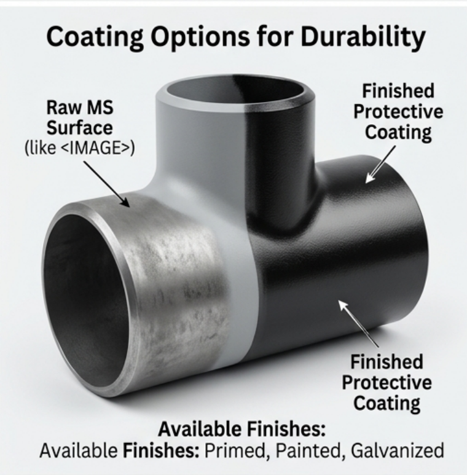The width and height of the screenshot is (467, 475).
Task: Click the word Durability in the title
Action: tap(363, 37)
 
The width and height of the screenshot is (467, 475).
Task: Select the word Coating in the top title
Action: tap(95, 37)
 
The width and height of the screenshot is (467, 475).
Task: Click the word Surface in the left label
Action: tap(80, 128)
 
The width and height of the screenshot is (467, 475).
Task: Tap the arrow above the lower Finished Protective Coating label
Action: tap(358, 324)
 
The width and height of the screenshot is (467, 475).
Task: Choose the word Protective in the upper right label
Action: tap(398, 112)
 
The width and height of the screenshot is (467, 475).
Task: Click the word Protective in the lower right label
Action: tap(387, 383)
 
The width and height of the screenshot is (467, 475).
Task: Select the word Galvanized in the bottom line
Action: tap(398, 451)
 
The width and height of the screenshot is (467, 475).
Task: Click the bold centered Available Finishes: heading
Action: tap(241, 429)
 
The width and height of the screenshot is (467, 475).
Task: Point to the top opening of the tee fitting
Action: tap(235, 90)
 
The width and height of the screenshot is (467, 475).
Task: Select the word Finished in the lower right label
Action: tap(387, 363)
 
